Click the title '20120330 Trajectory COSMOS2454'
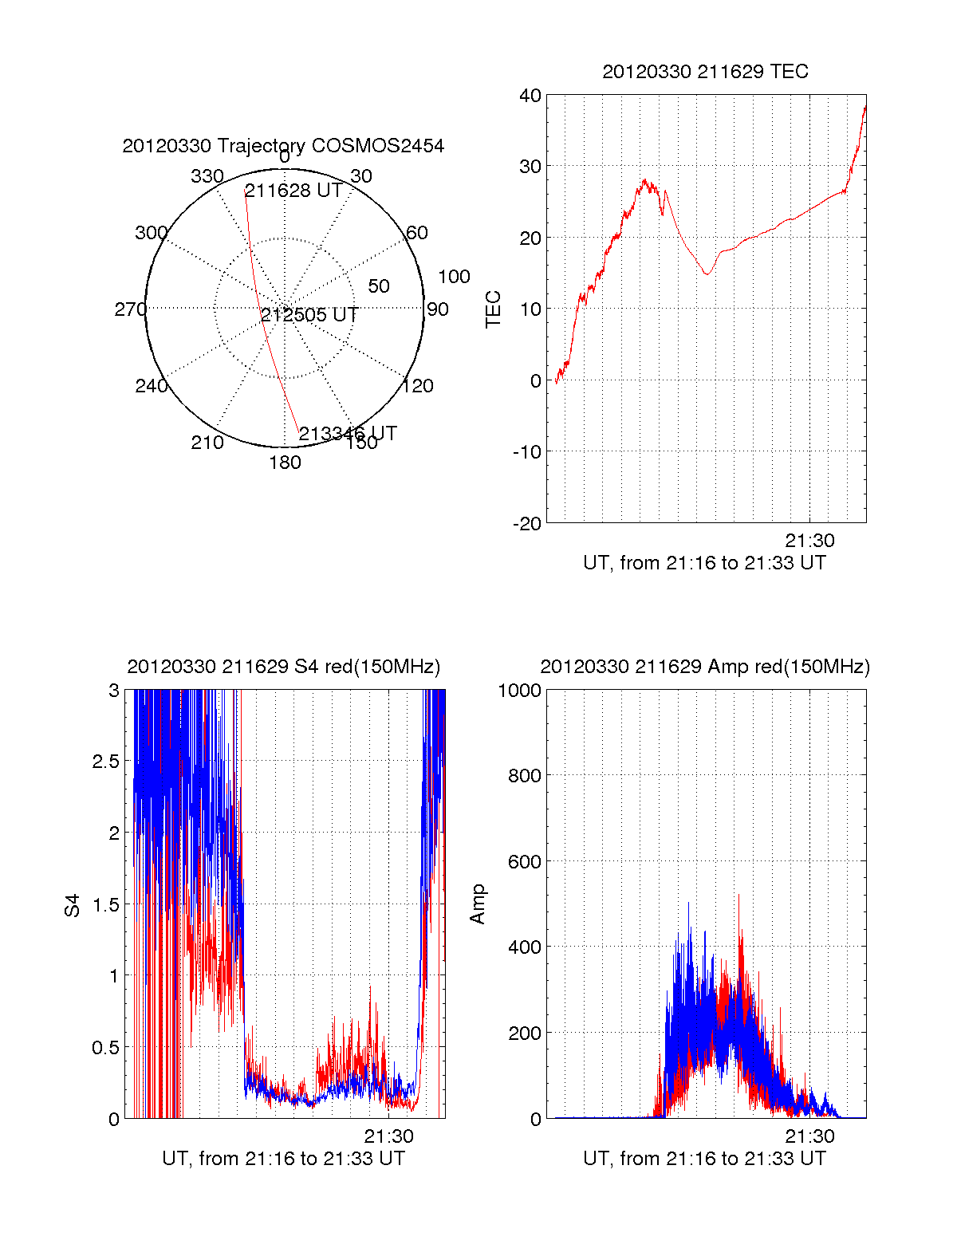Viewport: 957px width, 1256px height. tap(283, 146)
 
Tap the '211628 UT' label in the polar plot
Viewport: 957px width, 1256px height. tap(293, 191)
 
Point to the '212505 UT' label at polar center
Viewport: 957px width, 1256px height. tap(309, 315)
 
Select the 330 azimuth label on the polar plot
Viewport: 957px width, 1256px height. tap(207, 176)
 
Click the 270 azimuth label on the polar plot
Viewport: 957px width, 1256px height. tap(130, 309)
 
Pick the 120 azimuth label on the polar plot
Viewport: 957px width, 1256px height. tap(418, 386)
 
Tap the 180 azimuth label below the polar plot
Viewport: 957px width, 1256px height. tap(285, 463)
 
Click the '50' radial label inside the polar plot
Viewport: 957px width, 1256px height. tap(379, 286)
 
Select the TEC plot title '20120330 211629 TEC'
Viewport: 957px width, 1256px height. tap(705, 72)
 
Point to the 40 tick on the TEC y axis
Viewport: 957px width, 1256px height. tap(530, 96)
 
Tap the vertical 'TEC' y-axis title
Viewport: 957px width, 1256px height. tap(494, 309)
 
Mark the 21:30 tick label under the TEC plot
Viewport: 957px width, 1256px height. tap(809, 541)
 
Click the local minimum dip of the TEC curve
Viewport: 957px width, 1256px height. tap(706, 274)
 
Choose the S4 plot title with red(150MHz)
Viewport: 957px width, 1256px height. tap(283, 667)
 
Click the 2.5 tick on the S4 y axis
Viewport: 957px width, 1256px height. tap(105, 762)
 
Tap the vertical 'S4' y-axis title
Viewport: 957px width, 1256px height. tap(73, 905)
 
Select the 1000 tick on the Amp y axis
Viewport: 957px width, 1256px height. tap(519, 691)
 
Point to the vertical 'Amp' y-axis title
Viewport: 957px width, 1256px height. tap(478, 904)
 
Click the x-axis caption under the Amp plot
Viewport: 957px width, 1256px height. tap(704, 1159)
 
